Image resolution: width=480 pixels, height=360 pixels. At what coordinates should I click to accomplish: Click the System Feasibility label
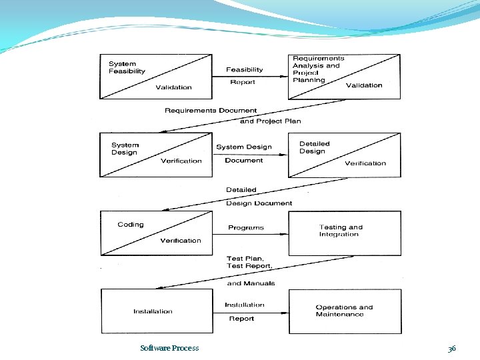[x=127, y=67]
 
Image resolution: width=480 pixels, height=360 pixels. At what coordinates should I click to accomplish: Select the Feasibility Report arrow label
[x=244, y=75]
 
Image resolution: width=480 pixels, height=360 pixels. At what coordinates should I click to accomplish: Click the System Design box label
[x=125, y=149]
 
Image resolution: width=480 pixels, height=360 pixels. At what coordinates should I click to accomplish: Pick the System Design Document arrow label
[x=244, y=153]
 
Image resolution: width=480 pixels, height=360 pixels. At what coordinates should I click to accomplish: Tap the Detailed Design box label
[x=314, y=147]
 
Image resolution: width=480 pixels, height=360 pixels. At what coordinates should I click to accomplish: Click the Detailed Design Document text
[x=259, y=196]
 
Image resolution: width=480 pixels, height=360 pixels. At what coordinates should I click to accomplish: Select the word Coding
[x=130, y=225]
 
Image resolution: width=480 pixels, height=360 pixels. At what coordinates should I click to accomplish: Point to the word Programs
[x=246, y=228]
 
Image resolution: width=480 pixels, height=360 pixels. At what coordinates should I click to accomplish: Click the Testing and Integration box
[x=344, y=233]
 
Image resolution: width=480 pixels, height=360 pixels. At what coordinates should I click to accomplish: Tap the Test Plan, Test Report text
[x=249, y=262]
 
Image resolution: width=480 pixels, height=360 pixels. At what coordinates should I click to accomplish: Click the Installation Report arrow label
[x=244, y=311]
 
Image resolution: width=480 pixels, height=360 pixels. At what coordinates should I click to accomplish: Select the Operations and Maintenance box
[x=344, y=311]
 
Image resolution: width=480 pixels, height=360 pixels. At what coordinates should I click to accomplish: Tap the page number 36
[x=451, y=349]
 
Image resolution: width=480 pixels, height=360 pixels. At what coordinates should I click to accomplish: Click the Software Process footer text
[x=169, y=348]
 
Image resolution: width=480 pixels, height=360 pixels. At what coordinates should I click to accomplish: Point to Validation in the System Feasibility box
[x=173, y=87]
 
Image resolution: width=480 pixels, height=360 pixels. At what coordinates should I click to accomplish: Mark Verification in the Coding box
[x=180, y=241]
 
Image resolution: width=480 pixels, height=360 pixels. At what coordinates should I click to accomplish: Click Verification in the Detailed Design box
[x=365, y=163]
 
